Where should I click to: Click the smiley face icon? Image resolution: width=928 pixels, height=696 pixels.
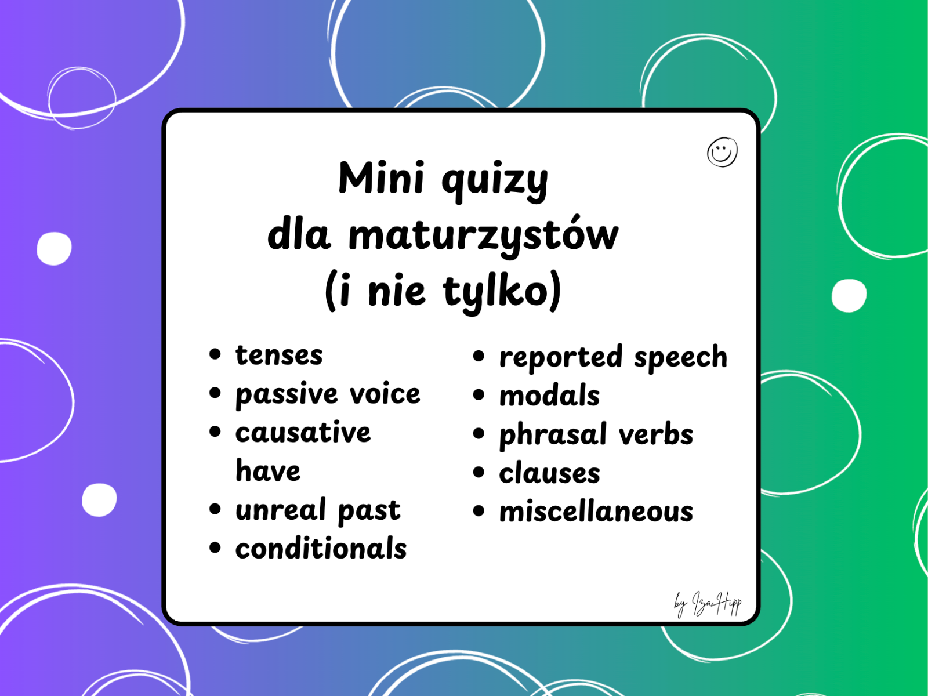pos(722,153)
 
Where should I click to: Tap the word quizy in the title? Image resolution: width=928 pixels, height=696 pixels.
pos(495,180)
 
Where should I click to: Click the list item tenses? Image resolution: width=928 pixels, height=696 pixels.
pos(279,355)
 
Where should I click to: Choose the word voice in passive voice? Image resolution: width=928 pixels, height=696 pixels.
pos(385,394)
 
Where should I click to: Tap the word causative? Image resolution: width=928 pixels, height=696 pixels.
pos(303,433)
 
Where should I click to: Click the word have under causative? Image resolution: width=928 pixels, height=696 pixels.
pos(268,470)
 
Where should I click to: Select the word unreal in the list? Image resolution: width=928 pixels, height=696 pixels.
pos(281,510)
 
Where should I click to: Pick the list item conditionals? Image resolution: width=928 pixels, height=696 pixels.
pos(321,549)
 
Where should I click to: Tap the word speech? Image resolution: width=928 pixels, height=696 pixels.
pos(680,357)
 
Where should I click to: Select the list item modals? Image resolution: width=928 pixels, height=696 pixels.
pos(549,396)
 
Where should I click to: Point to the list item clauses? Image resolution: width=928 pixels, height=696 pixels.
pos(549,473)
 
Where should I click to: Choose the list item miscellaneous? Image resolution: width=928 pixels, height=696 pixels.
pos(596,512)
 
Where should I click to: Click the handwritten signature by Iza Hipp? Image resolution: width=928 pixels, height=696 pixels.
pos(708,604)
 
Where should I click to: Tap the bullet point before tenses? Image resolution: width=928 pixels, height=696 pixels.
pos(215,354)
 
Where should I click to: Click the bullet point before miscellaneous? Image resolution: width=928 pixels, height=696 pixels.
pos(478,511)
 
